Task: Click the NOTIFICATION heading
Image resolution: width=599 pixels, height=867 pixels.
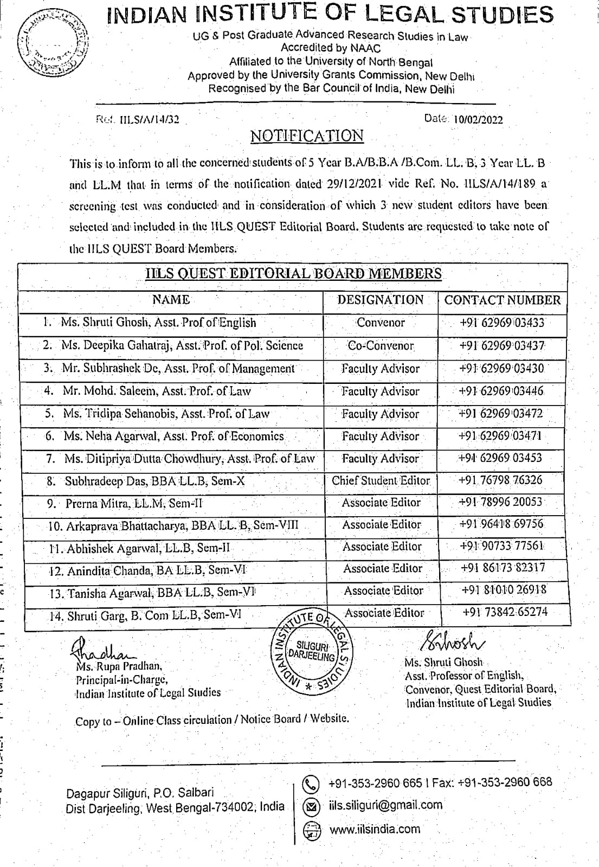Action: (x=307, y=136)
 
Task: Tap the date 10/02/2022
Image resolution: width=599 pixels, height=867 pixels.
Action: (x=478, y=120)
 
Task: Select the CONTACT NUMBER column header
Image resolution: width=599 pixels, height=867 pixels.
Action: (x=503, y=300)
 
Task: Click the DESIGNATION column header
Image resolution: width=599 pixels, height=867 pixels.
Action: (x=380, y=300)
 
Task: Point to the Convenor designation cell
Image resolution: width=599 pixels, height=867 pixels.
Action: (x=381, y=323)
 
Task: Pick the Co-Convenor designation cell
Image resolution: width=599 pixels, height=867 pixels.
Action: (x=381, y=346)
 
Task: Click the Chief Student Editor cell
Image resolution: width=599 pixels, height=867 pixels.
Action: (x=381, y=481)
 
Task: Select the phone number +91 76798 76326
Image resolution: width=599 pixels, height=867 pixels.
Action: (x=500, y=480)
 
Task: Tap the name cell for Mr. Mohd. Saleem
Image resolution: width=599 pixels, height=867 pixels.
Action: (x=156, y=391)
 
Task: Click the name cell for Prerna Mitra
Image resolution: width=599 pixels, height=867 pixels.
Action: (x=134, y=504)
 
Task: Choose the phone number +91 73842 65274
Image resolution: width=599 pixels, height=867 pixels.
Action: (x=505, y=612)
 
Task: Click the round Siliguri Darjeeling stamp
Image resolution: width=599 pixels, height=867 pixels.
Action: (x=312, y=652)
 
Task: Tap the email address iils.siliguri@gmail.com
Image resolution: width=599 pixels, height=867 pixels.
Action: (x=385, y=806)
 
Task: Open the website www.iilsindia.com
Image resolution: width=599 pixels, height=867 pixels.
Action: (x=375, y=829)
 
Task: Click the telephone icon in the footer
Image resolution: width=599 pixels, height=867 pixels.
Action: (x=311, y=784)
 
